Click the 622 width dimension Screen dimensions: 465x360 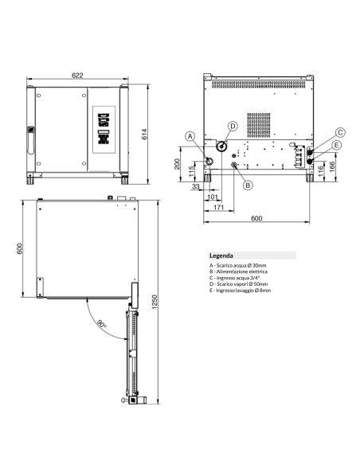point(76,75)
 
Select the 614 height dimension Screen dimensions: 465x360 point(145,135)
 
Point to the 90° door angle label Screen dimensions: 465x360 point(102,324)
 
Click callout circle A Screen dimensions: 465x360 point(190,137)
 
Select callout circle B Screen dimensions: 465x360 point(248,185)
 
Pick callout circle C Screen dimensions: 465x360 point(339,132)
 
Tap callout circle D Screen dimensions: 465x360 point(233,126)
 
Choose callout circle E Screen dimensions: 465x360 point(337,145)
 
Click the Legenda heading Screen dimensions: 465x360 point(221,256)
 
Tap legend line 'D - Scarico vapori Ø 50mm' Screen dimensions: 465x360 point(239,284)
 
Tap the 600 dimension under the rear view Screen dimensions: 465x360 point(256,218)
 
